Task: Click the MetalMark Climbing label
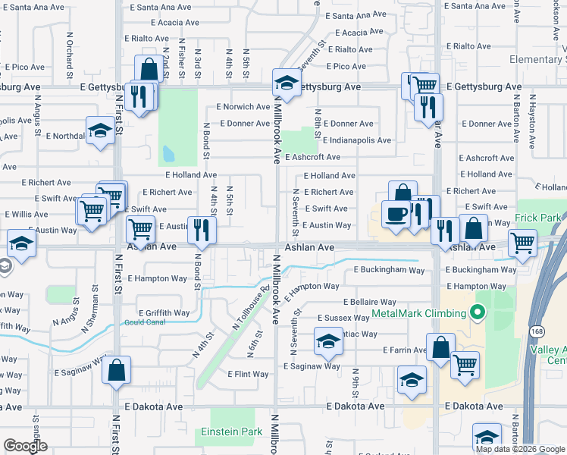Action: pyautogui.click(x=418, y=313)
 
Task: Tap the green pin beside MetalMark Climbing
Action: pyautogui.click(x=477, y=312)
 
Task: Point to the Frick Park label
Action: pyautogui.click(x=537, y=218)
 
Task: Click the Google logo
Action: pyautogui.click(x=26, y=446)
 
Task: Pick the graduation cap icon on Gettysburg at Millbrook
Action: pyautogui.click(x=287, y=82)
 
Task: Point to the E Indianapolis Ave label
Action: pyautogui.click(x=356, y=140)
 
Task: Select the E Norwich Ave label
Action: pyautogui.click(x=243, y=107)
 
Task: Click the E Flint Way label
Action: pyautogui.click(x=248, y=374)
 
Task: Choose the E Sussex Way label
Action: pyautogui.click(x=343, y=318)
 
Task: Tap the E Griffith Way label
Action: pyautogui.click(x=164, y=312)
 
